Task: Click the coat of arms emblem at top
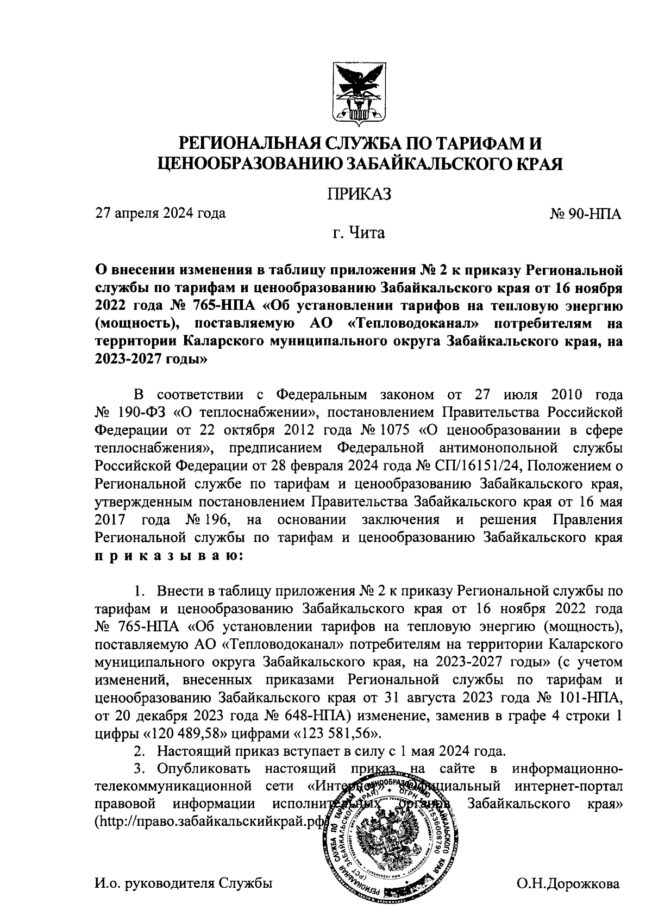pos(359,92)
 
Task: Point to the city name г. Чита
pos(359,234)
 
